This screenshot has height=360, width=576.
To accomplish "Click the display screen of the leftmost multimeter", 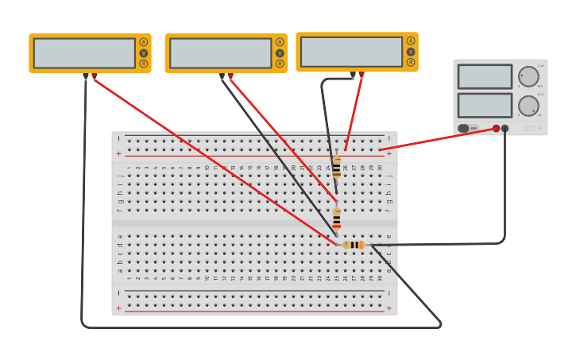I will [84, 53].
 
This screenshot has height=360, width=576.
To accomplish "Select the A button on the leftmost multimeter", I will [144, 42].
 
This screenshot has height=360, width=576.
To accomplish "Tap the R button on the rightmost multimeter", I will [411, 62].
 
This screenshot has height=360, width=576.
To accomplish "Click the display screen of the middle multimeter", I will [220, 53].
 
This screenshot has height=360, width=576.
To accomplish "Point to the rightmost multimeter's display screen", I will [351, 52].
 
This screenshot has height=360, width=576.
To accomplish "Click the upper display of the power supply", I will [485, 77].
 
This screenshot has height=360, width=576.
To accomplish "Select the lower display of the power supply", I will [485, 105].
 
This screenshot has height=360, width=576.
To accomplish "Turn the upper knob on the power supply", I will [528, 77].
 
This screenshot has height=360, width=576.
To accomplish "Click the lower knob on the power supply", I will [528, 106].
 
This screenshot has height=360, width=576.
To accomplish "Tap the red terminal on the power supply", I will [497, 128].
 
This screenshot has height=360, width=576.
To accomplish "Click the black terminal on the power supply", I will [505, 128].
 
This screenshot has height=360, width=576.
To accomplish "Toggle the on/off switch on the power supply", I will [464, 128].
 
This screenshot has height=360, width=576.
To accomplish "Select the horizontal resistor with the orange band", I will [354, 245].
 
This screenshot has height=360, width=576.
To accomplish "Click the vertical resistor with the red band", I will [337, 219].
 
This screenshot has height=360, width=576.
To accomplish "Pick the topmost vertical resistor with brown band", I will [337, 168].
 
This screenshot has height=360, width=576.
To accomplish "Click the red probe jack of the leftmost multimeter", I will [95, 76].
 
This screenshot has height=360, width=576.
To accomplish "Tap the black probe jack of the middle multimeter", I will [222, 76].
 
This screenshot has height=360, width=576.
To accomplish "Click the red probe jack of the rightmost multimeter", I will [361, 75].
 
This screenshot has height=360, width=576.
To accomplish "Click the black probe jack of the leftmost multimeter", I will [85, 76].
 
